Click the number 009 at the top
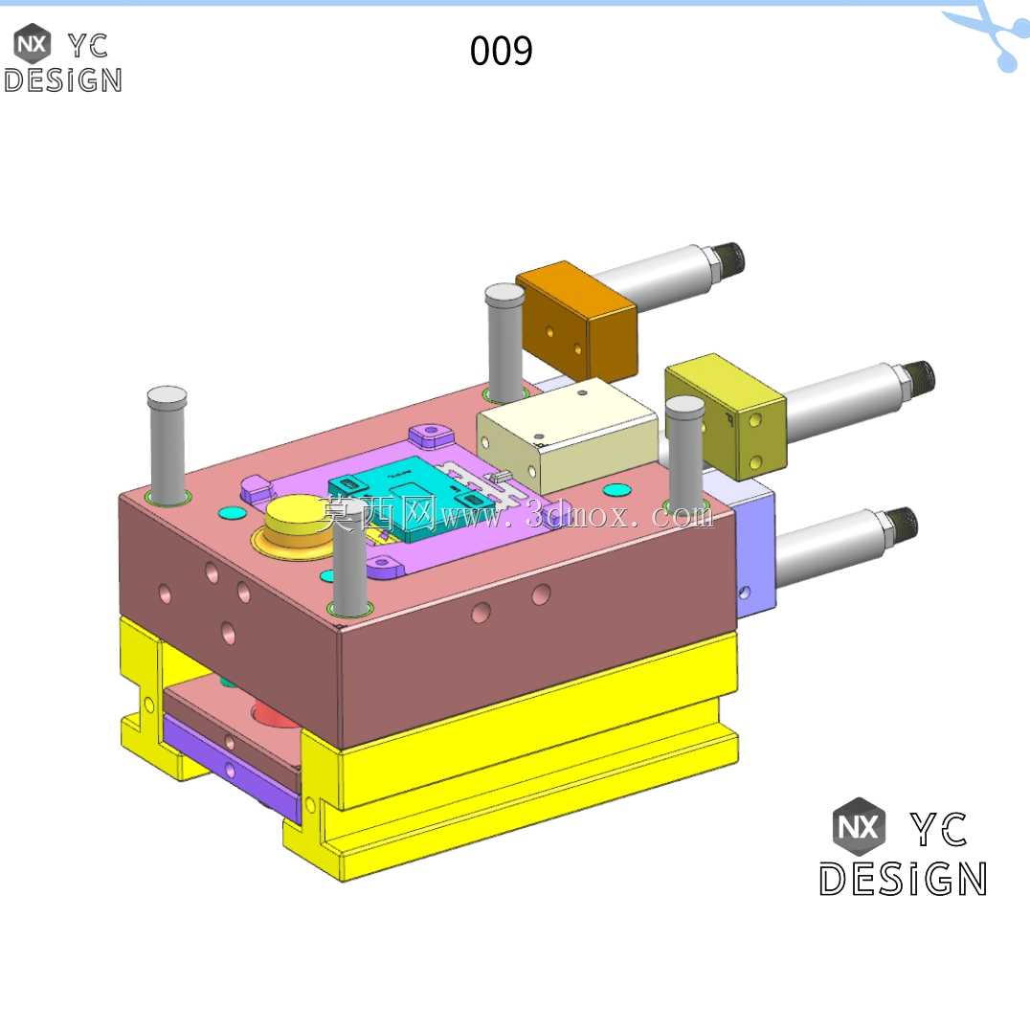pos(502,51)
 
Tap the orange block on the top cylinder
pos(577,321)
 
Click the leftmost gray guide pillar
pos(168,445)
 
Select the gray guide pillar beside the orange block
pos(504,342)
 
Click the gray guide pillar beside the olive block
pos(685,453)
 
